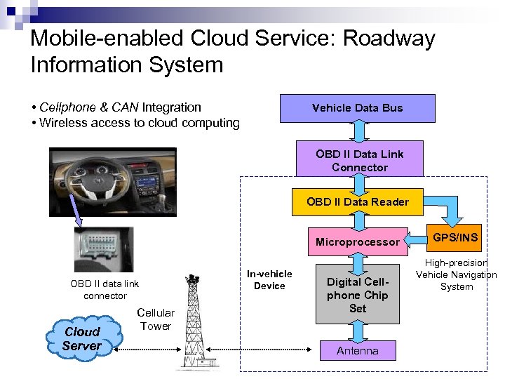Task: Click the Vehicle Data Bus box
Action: [x=357, y=108]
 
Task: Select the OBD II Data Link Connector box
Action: [x=359, y=161]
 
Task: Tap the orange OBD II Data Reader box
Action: [x=357, y=202]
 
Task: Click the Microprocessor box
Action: [x=357, y=242]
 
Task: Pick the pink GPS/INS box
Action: [x=455, y=238]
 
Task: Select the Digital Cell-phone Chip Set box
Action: [x=357, y=295]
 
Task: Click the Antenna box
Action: [x=357, y=351]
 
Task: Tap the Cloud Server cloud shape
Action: [x=82, y=338]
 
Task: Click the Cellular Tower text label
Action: [x=155, y=319]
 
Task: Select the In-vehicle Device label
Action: [x=269, y=279]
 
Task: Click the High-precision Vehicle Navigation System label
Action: [x=457, y=274]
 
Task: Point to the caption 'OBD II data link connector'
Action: [x=105, y=290]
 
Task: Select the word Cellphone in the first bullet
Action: [x=66, y=107]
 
